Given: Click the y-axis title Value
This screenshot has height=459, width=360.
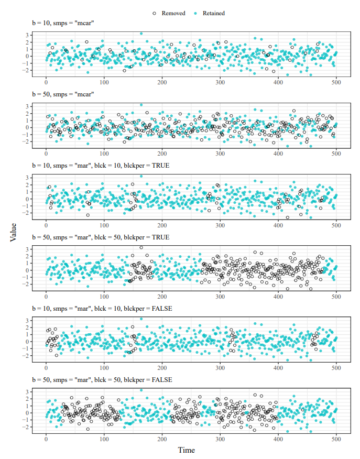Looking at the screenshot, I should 13,231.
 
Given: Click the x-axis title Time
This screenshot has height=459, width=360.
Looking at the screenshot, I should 186,450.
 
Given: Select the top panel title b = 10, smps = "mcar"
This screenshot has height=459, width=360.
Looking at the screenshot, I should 63,23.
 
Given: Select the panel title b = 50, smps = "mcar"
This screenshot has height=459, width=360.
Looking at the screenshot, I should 63,94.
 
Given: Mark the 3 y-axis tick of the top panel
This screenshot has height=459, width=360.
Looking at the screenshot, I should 26,35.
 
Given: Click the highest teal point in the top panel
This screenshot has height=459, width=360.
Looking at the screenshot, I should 141,34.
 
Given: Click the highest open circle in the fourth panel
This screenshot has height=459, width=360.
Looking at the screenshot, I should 141,247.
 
